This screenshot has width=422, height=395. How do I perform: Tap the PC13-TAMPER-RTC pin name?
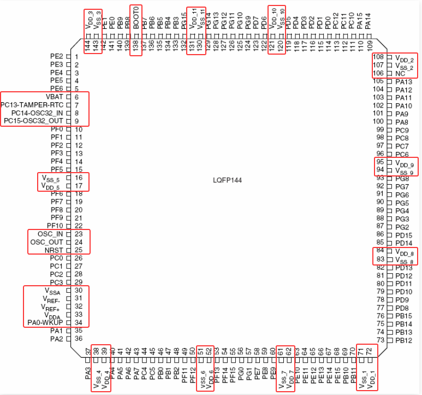[33, 104]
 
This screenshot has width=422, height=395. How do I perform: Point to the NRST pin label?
[55, 250]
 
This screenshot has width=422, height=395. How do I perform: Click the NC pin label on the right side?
[400, 73]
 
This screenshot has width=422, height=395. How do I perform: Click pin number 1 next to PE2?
[77, 56]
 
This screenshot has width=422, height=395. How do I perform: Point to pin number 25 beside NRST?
[79, 250]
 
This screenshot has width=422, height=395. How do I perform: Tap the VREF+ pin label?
[53, 306]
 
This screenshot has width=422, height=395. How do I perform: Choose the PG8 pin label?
[402, 179]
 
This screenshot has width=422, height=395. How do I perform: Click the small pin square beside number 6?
[68, 97]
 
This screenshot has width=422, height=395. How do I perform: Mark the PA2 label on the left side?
[56, 339]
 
